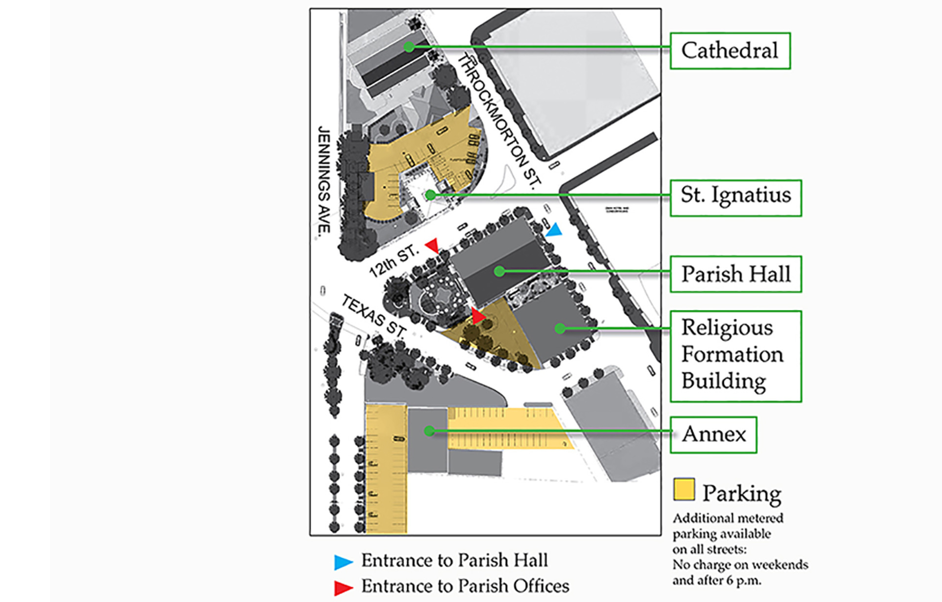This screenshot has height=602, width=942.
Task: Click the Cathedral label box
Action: click(730, 51)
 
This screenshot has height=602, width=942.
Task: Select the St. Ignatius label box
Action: click(735, 197)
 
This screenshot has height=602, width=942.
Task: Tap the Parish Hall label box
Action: click(735, 274)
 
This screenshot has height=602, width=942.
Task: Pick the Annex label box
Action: click(713, 435)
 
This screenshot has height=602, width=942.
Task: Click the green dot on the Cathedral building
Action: click(409, 47)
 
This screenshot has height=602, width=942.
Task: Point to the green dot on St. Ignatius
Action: click(430, 195)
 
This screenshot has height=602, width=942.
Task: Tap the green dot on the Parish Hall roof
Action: click(499, 271)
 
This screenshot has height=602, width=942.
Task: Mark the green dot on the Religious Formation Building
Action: click(560, 328)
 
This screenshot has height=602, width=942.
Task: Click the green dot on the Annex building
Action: click(429, 431)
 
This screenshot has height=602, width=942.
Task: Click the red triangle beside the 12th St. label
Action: click(432, 245)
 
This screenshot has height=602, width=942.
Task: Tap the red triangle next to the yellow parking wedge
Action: click(477, 315)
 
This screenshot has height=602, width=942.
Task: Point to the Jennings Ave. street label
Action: click(324, 180)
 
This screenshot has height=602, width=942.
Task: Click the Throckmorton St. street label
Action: click(498, 120)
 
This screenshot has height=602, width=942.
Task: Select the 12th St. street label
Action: click(393, 261)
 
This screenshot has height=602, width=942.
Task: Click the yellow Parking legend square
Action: click(683, 489)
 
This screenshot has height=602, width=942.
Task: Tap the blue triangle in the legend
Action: click(343, 562)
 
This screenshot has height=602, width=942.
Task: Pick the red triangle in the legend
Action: click(343, 587)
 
